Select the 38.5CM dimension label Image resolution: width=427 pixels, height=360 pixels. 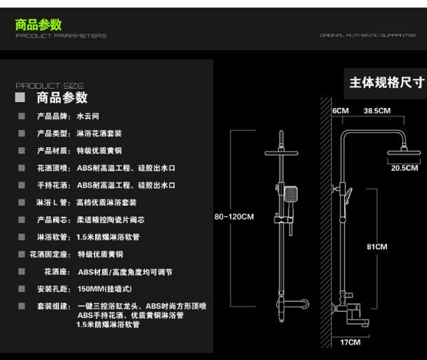[x=377, y=111]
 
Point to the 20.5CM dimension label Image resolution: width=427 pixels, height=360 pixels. [x=404, y=167]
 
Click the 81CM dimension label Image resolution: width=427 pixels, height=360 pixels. [x=377, y=246]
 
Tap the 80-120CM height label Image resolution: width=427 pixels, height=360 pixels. [x=234, y=217]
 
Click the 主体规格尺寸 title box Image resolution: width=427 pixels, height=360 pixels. [x=386, y=83]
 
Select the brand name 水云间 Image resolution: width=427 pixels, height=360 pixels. [x=87, y=116]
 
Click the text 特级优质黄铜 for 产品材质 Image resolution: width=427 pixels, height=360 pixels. [x=99, y=151]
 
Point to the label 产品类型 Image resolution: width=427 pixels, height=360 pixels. [x=53, y=134]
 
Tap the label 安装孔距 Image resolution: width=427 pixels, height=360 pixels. [x=53, y=288]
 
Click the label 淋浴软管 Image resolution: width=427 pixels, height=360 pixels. [x=53, y=237]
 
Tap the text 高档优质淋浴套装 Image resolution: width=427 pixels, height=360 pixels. [x=107, y=202]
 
